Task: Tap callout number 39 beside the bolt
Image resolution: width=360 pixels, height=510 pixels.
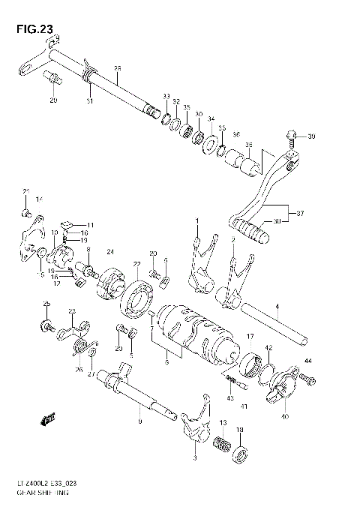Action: [312, 136]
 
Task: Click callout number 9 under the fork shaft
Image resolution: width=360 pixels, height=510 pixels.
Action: [139, 421]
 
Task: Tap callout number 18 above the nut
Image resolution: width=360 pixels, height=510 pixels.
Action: [240, 430]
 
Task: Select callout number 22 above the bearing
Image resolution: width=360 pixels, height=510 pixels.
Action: [136, 264]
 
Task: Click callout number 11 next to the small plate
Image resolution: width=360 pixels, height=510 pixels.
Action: [90, 225]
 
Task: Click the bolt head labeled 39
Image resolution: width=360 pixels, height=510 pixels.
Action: [290, 136]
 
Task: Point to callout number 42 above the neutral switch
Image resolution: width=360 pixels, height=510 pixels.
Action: [268, 347]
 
